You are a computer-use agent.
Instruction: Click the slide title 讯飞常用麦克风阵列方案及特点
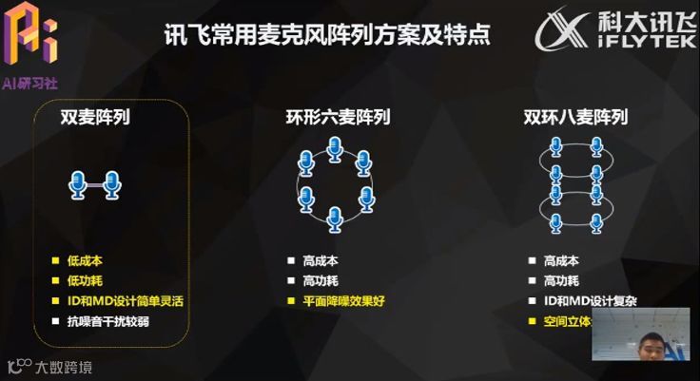tap(327, 36)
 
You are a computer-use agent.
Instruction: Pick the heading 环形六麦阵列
tap(338, 119)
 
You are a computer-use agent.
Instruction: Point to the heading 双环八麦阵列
tap(575, 119)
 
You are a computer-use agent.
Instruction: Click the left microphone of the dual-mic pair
tap(78, 183)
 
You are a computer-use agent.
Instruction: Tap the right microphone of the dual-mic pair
tap(112, 183)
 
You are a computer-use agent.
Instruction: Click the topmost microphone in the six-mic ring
tap(335, 148)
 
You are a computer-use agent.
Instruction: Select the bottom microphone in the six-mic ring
tap(335, 218)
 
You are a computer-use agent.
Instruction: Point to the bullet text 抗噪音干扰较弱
tap(107, 321)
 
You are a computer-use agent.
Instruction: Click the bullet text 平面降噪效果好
tap(343, 301)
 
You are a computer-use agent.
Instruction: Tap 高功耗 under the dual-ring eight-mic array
tap(561, 280)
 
